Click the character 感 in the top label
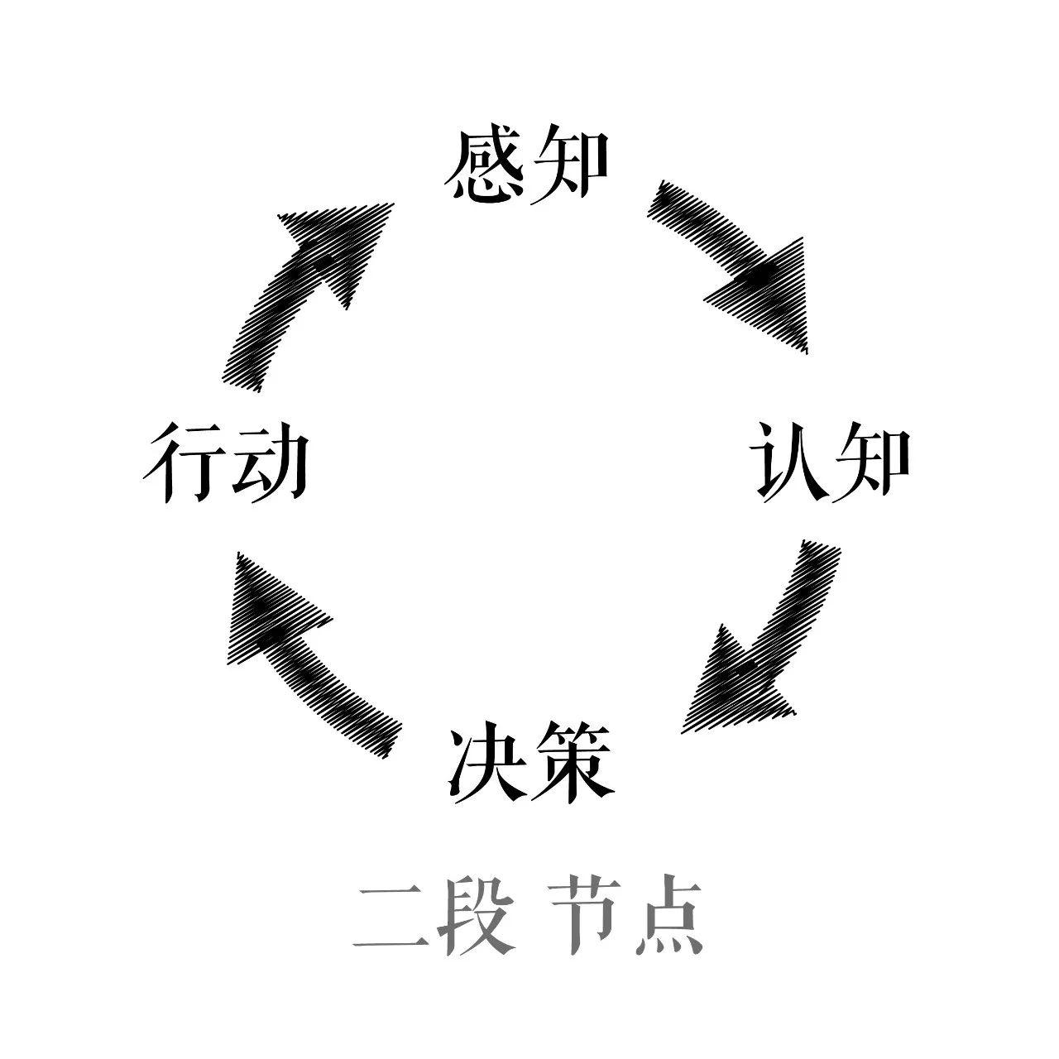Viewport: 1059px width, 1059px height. (484, 164)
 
